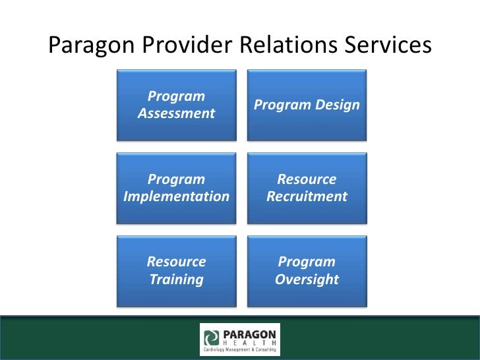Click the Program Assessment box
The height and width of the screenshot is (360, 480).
tap(176, 105)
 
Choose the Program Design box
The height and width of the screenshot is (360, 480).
tap(307, 105)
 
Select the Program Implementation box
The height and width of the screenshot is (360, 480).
tap(176, 188)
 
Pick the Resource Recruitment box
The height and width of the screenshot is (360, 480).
tap(307, 188)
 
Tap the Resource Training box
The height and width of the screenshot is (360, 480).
tap(176, 270)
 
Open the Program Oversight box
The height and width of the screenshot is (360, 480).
tap(307, 270)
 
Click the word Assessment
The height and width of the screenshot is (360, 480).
tap(176, 113)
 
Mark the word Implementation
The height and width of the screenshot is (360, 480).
tap(176, 196)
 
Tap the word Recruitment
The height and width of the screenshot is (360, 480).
tap(307, 196)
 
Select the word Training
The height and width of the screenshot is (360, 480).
tap(176, 279)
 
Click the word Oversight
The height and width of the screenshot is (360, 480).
tap(307, 279)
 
